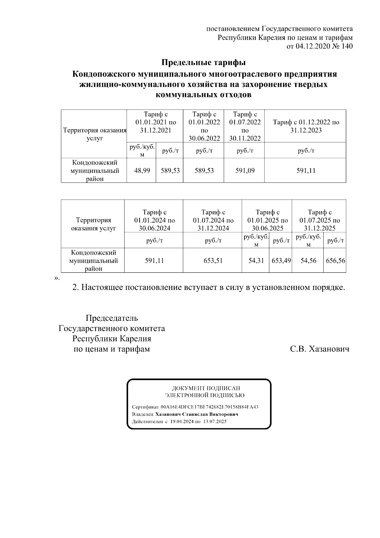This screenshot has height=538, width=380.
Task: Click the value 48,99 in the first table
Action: click(x=142, y=171)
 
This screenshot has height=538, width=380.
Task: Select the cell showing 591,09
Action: click(x=245, y=171)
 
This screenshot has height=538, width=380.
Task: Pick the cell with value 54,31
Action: click(x=256, y=261)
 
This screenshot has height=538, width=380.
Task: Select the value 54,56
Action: click(x=308, y=261)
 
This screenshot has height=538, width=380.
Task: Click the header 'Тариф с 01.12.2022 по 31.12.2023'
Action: click(x=306, y=126)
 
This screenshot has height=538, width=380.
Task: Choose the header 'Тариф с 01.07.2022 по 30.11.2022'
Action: click(x=245, y=126)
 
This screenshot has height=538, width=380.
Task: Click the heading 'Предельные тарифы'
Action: click(x=204, y=62)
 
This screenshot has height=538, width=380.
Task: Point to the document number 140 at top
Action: click(x=347, y=46)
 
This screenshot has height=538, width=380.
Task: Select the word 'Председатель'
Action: click(x=112, y=318)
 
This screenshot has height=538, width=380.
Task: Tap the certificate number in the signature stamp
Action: click(x=210, y=407)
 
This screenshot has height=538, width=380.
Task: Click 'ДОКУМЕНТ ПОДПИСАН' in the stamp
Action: click(x=206, y=388)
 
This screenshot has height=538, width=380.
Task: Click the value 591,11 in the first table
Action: click(x=306, y=171)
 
